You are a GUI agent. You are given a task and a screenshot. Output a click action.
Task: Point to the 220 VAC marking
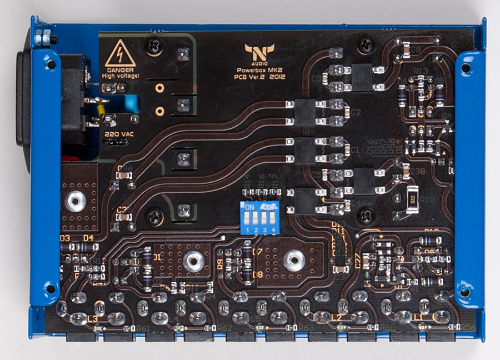coord(115,134)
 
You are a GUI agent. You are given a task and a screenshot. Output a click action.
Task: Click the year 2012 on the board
coord(275,78)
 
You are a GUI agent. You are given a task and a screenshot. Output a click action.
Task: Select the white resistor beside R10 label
coord(412,199)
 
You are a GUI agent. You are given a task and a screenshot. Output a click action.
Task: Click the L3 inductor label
coord(92,318)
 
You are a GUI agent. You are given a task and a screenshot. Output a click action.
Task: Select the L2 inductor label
coord(336,317)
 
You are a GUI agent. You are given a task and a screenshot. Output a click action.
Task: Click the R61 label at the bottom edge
coord(143,328)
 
